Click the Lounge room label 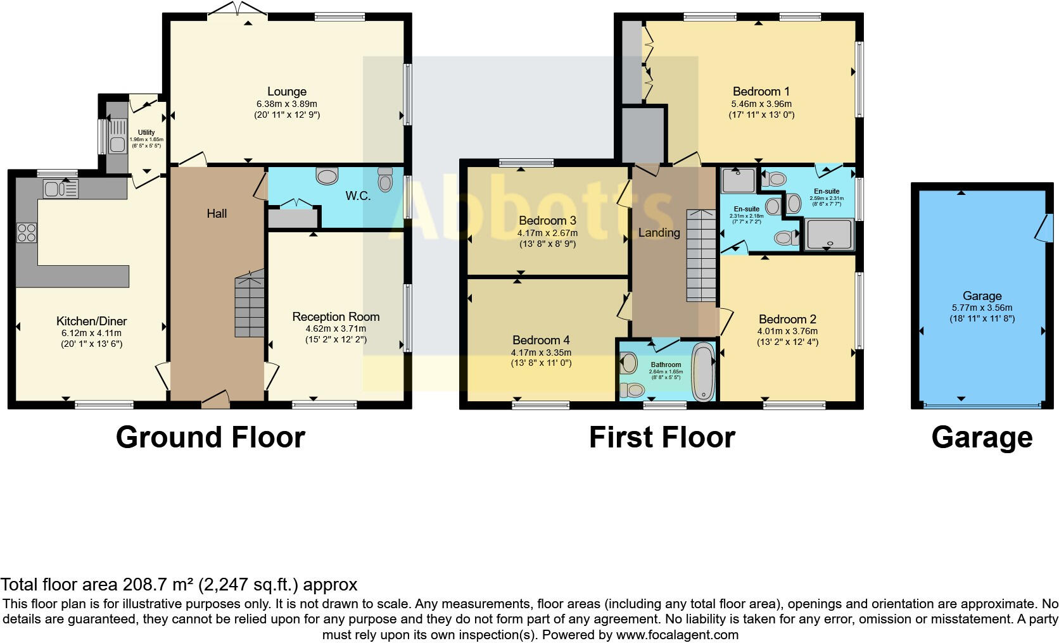pos(286,92)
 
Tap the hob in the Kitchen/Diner pos(27,233)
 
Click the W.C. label pos(358,196)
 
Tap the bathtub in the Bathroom pos(702,371)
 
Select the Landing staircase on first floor pos(701,256)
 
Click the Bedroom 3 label pos(547,221)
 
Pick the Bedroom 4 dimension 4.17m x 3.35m pos(541,353)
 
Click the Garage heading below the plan pos(982,437)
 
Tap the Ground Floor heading pos(210,437)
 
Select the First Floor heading pos(662,437)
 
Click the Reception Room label pos(336,316)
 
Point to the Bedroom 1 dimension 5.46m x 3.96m pos(761,104)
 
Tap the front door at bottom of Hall pos(215,397)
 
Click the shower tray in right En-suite pos(829,235)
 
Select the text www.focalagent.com pos(677,635)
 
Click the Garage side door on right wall pos(1043,228)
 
